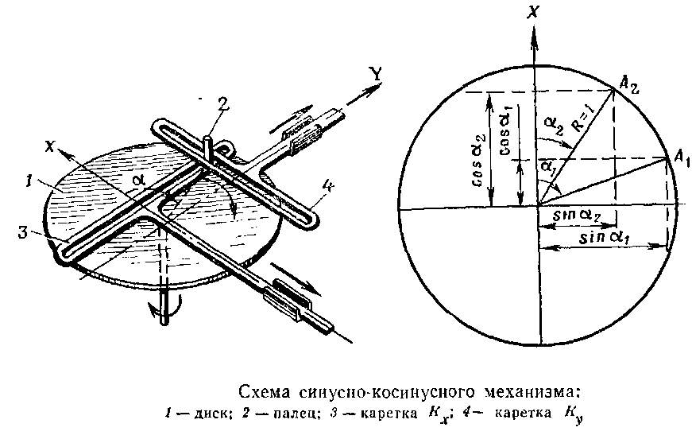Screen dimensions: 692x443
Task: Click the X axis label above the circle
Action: click(534, 11)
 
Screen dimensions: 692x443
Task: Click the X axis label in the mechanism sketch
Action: click(50, 146)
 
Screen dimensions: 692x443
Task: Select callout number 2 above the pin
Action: click(223, 104)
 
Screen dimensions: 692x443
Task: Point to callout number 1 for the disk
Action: click(29, 181)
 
